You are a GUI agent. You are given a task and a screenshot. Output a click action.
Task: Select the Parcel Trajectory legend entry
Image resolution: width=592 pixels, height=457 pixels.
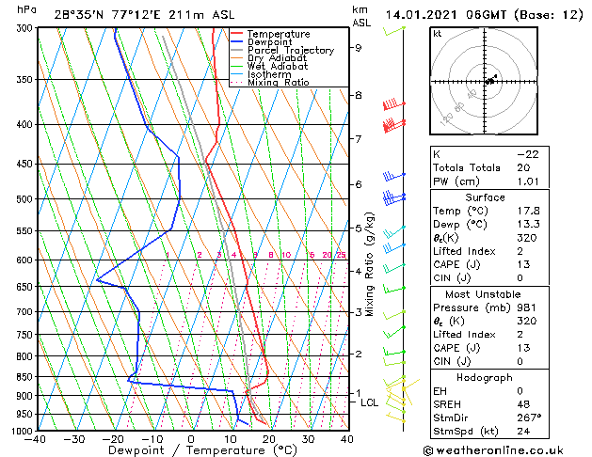click(290, 51)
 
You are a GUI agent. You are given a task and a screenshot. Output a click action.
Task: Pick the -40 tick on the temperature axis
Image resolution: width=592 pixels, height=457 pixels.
click(37, 439)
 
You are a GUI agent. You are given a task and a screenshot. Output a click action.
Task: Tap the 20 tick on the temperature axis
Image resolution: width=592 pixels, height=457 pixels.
click(269, 439)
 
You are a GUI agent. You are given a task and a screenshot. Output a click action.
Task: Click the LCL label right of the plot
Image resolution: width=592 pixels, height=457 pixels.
click(370, 402)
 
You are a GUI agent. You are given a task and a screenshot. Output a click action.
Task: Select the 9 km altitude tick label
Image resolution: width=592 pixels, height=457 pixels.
click(359, 47)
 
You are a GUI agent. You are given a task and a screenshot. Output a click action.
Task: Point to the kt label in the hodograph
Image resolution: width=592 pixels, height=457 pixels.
click(438, 33)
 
